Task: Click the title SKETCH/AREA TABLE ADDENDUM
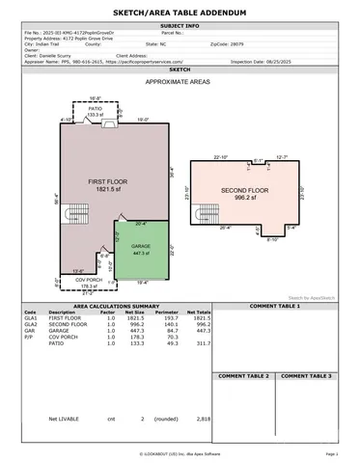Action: [x=180, y=11]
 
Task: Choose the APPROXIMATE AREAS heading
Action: [x=179, y=84]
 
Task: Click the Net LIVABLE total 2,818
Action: [x=203, y=420]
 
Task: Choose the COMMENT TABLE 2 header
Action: [x=242, y=374]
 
